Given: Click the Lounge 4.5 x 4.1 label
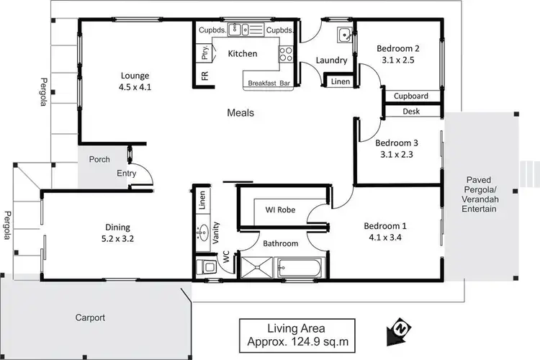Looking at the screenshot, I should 135,81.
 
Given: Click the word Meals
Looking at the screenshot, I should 240,113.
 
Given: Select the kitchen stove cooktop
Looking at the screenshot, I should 286,54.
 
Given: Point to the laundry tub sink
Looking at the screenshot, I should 343,34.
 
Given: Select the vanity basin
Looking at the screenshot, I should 202,232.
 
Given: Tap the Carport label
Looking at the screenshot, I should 90,318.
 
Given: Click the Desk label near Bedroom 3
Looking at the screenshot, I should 411,112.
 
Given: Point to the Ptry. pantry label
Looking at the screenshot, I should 204,52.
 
